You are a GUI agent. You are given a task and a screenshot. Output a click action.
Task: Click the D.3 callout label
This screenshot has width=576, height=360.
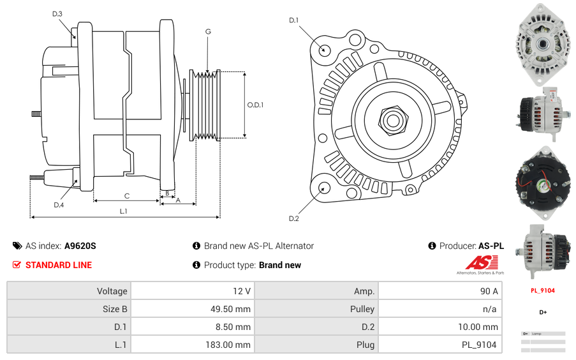click(x=57, y=13)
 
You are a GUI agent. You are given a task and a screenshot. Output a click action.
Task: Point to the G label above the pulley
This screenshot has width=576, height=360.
click(x=208, y=31)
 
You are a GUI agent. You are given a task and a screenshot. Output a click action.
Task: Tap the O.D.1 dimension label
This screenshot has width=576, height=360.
click(x=255, y=105)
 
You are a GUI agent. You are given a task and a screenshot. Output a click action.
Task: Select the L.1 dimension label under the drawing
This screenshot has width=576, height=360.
click(x=124, y=211)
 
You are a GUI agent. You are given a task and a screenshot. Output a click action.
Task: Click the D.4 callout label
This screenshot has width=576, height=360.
click(x=59, y=205)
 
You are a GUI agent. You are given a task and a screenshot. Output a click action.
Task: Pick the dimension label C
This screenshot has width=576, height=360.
click(x=127, y=196)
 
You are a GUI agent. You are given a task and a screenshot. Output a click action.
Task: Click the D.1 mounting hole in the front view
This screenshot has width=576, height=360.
click(x=324, y=50)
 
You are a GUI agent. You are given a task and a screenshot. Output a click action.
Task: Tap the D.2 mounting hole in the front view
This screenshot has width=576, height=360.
click(x=323, y=188)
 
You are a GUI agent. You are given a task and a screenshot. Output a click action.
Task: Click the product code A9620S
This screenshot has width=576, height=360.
click(x=80, y=246)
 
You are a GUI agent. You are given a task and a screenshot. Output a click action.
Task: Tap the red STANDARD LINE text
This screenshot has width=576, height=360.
click(x=59, y=265)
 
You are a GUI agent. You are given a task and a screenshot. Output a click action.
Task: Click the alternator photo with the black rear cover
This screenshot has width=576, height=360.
click(x=543, y=179)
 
